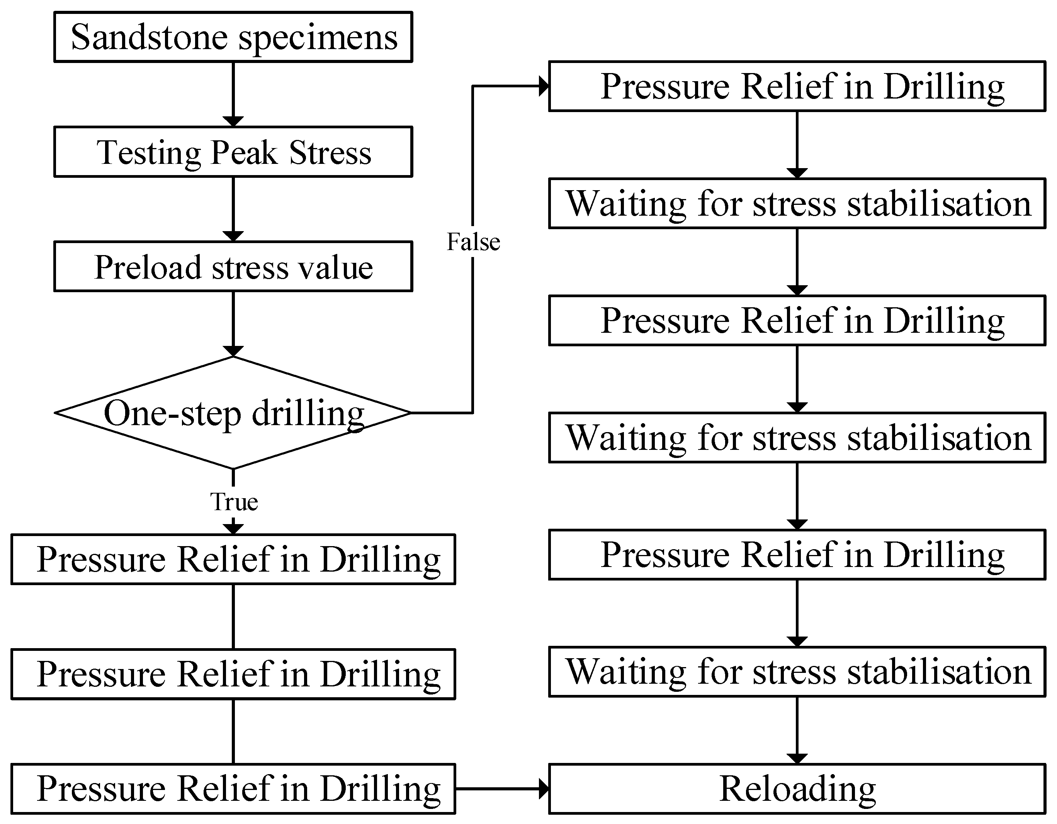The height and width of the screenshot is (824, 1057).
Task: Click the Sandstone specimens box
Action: (x=233, y=37)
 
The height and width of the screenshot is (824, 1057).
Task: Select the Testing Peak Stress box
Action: (x=233, y=152)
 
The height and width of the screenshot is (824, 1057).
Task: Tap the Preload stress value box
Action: (x=233, y=267)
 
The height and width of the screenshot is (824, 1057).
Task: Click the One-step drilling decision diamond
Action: (x=233, y=413)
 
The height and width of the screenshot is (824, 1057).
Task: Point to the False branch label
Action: (x=473, y=242)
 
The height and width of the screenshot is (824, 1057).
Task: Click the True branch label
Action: (x=234, y=502)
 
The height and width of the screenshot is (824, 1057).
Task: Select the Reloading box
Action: (x=797, y=789)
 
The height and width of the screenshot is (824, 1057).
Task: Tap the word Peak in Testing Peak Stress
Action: (x=245, y=153)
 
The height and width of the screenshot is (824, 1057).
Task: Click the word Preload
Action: (x=148, y=267)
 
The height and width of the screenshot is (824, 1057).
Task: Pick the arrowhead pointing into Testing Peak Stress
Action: (x=233, y=121)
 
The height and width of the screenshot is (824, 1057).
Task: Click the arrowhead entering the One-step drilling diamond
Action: (x=233, y=351)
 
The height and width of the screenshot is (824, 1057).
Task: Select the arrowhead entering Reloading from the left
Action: (x=544, y=789)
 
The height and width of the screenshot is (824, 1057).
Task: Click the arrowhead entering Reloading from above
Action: (x=797, y=759)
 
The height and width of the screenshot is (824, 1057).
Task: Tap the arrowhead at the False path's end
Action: (x=544, y=87)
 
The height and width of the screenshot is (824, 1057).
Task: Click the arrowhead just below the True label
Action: (x=233, y=529)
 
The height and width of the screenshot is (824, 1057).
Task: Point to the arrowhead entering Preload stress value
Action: (x=233, y=236)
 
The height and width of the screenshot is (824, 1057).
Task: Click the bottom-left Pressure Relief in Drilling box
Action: (x=233, y=789)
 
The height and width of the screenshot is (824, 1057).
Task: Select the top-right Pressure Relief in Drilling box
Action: (x=797, y=87)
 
